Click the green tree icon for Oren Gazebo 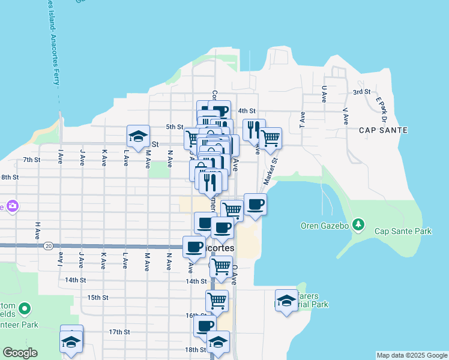point(358,225)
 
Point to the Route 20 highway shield point(48,245)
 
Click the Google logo point(20,353)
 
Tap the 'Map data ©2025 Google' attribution point(412,355)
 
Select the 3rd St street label point(361,92)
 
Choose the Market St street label point(271,169)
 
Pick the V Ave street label point(345,116)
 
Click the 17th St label point(119,332)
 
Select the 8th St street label point(10,178)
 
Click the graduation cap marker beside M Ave point(138,137)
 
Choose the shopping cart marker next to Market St point(271,137)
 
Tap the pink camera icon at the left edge point(11,206)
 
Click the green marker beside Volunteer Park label point(25,310)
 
